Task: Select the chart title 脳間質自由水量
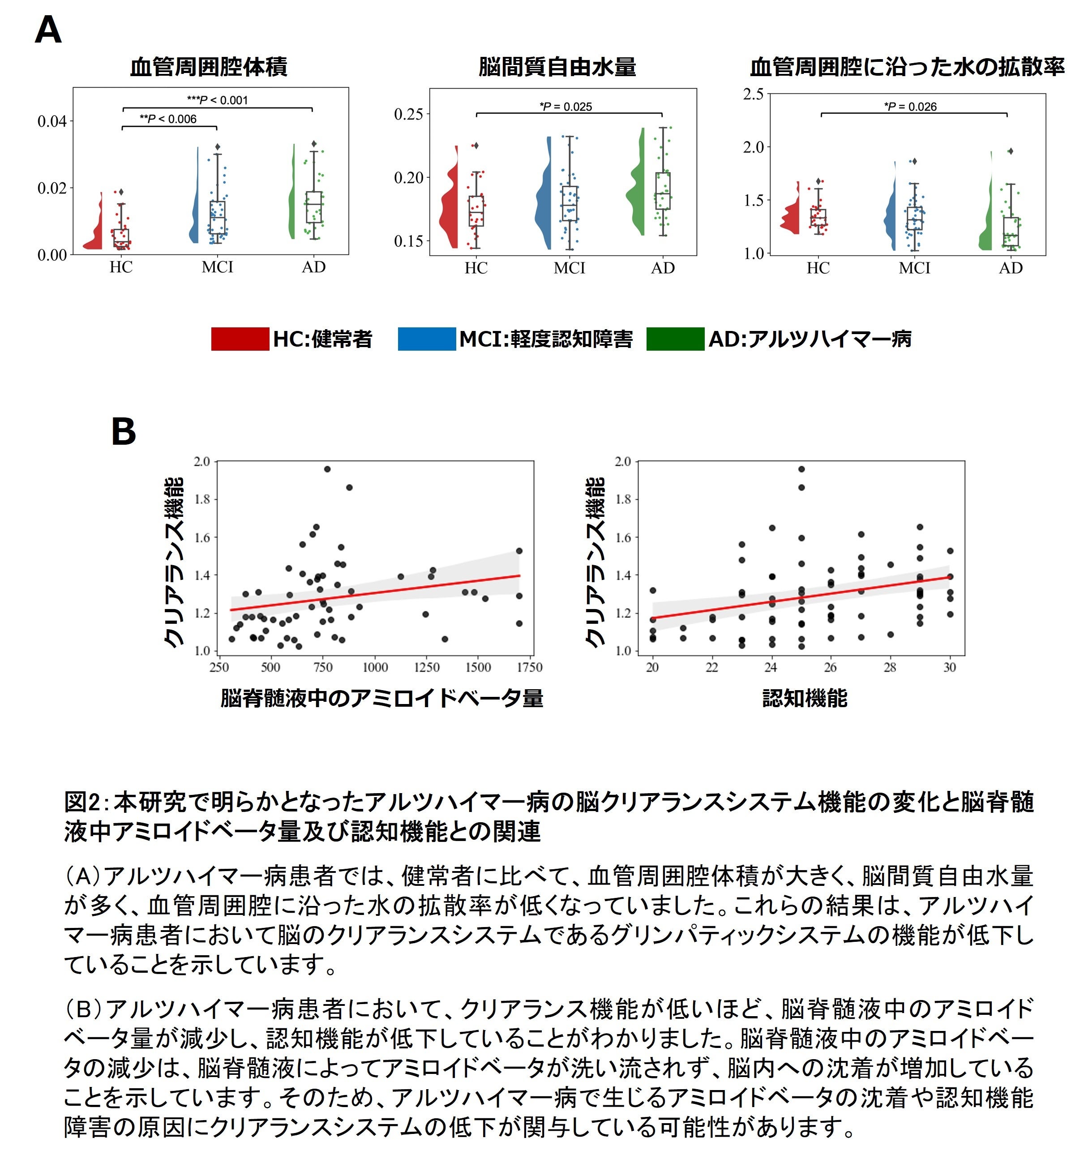(x=557, y=67)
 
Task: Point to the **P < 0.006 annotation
(x=168, y=119)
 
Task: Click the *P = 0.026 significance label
(x=910, y=106)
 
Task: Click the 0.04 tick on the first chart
(x=52, y=121)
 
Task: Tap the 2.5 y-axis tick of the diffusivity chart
(x=754, y=94)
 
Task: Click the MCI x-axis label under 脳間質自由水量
(x=569, y=268)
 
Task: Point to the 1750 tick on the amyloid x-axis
(x=529, y=668)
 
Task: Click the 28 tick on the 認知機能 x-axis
(x=890, y=668)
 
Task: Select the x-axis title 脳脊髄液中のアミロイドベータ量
(x=381, y=698)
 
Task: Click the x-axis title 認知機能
(x=805, y=698)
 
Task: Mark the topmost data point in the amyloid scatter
(x=327, y=469)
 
